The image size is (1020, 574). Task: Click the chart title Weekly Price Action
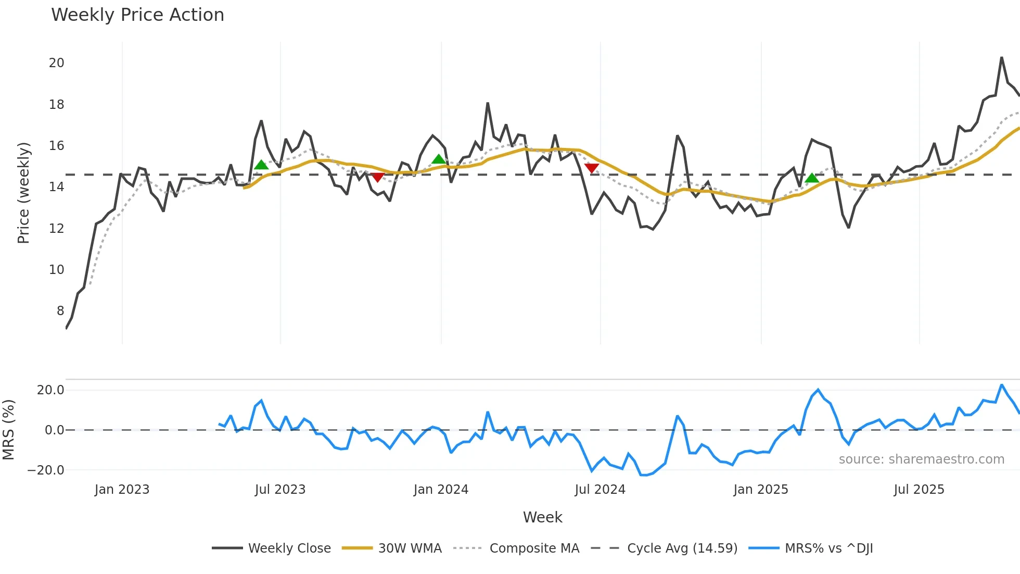(137, 15)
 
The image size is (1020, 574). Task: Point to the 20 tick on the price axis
(56, 63)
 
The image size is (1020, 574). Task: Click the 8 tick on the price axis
(60, 311)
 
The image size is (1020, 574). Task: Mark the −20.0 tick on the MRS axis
(46, 470)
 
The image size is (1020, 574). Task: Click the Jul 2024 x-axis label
(600, 490)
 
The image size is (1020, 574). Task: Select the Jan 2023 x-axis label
(122, 490)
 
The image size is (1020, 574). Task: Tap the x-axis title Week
(542, 517)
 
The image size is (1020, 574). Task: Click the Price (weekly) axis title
(23, 193)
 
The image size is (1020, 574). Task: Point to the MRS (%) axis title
(8, 430)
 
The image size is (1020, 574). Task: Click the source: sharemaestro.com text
(921, 459)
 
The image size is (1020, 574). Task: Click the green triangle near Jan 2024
(439, 159)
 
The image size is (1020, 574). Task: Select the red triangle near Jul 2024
(592, 168)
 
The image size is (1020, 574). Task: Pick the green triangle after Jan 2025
(812, 178)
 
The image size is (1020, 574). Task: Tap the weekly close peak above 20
(1001, 58)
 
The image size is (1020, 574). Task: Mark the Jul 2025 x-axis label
(919, 490)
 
